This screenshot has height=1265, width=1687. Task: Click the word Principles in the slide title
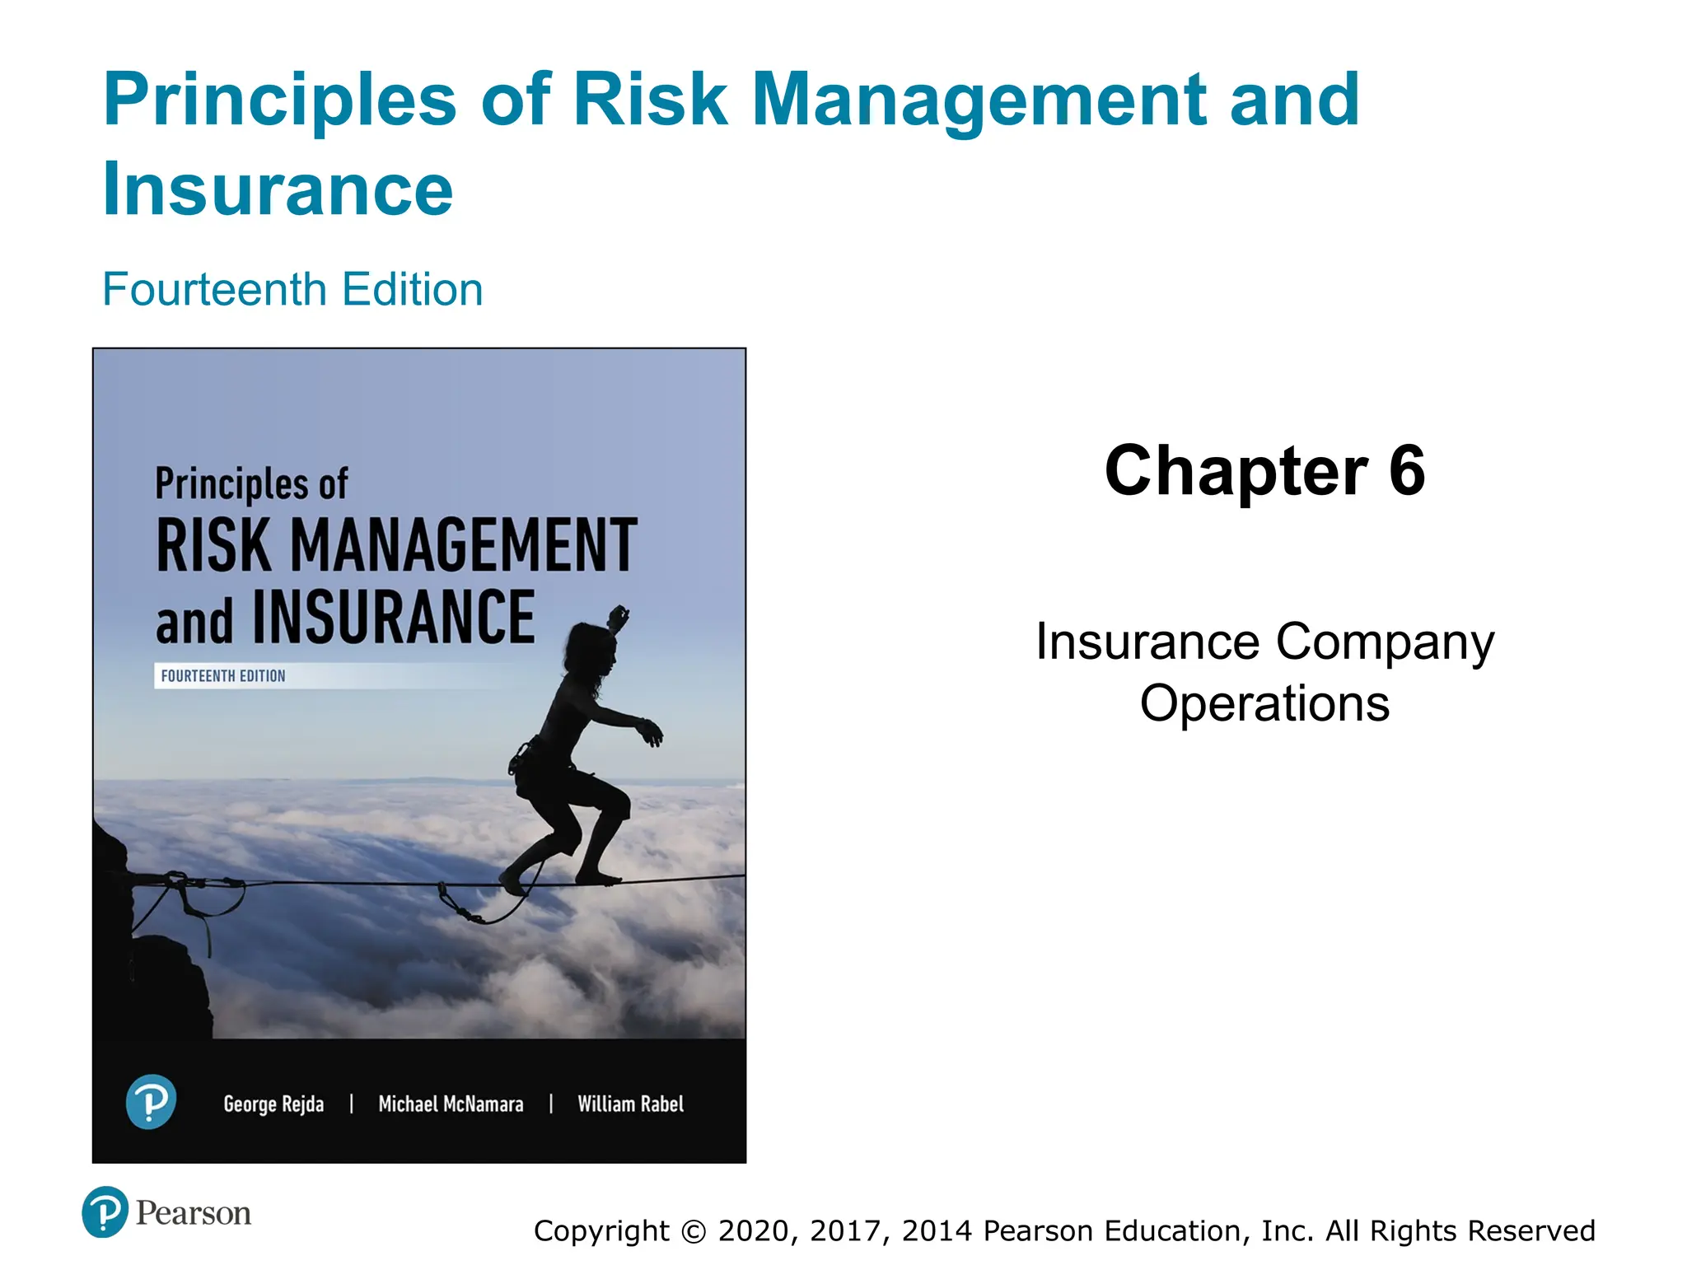[279, 101]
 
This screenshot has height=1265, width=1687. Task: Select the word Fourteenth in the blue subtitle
[215, 290]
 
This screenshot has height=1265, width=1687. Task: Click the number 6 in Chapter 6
[1406, 471]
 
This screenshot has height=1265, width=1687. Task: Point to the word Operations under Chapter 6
[1264, 704]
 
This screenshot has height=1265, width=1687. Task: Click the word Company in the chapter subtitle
[1385, 643]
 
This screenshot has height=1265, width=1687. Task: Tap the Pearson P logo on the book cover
[151, 1102]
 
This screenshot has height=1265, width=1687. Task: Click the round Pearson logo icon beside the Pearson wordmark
[105, 1212]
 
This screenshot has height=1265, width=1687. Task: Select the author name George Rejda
[273, 1104]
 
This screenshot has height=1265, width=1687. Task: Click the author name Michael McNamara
[451, 1104]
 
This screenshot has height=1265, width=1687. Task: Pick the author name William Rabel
[630, 1104]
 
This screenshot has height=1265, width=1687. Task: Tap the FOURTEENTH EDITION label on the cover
[222, 676]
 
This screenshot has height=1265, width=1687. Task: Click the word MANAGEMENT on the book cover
[464, 545]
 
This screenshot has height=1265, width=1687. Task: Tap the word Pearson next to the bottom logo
[193, 1213]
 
